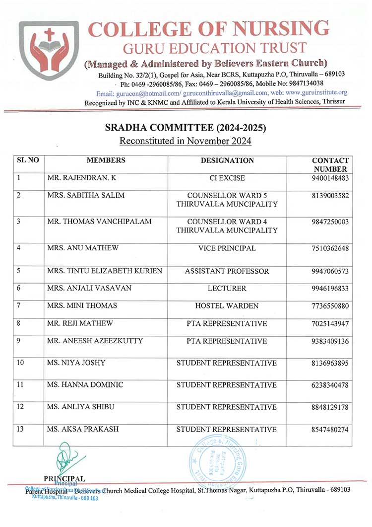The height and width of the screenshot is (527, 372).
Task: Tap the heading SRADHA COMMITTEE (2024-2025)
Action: coord(186,128)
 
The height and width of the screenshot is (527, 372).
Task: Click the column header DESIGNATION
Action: coord(227,160)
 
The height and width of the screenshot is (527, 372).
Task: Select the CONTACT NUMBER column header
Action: coord(330,165)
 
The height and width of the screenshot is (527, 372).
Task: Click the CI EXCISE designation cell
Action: coord(227,178)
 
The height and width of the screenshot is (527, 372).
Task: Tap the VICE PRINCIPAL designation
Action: coord(227,248)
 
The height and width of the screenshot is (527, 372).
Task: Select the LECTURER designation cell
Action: coord(227,288)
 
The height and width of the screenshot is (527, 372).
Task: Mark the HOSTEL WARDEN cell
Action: coord(227,306)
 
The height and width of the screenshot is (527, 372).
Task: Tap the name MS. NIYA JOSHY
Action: coord(76,363)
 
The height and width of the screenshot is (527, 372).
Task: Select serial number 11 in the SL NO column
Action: coord(21,385)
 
